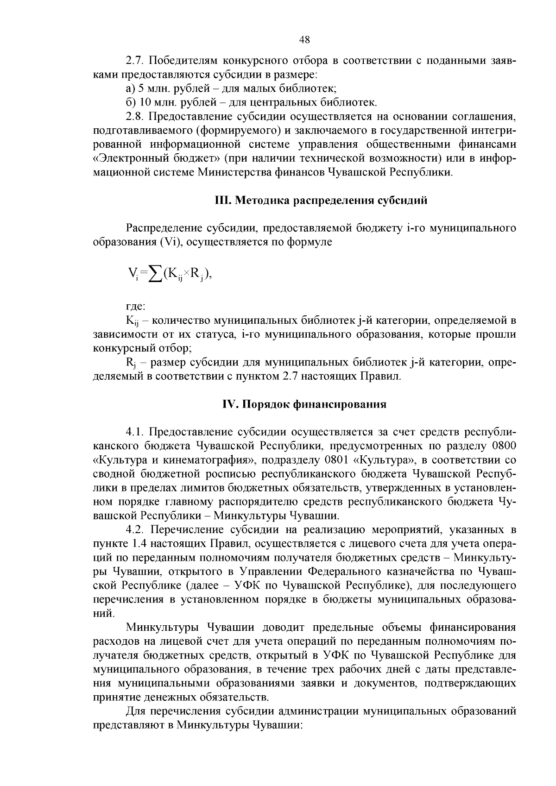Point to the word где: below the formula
point(136,306)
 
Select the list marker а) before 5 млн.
point(130,88)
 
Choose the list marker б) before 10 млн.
point(130,102)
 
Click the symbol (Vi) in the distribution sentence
point(170,242)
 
